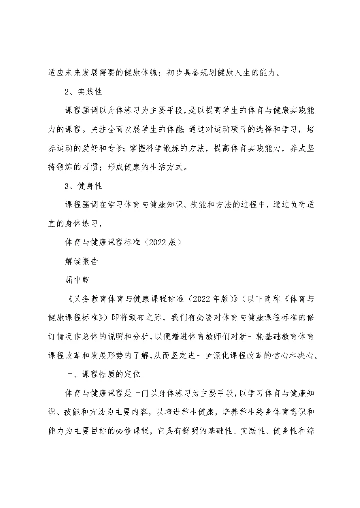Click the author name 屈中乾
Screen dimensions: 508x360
[78, 280]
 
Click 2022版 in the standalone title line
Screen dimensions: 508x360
[157, 243]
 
